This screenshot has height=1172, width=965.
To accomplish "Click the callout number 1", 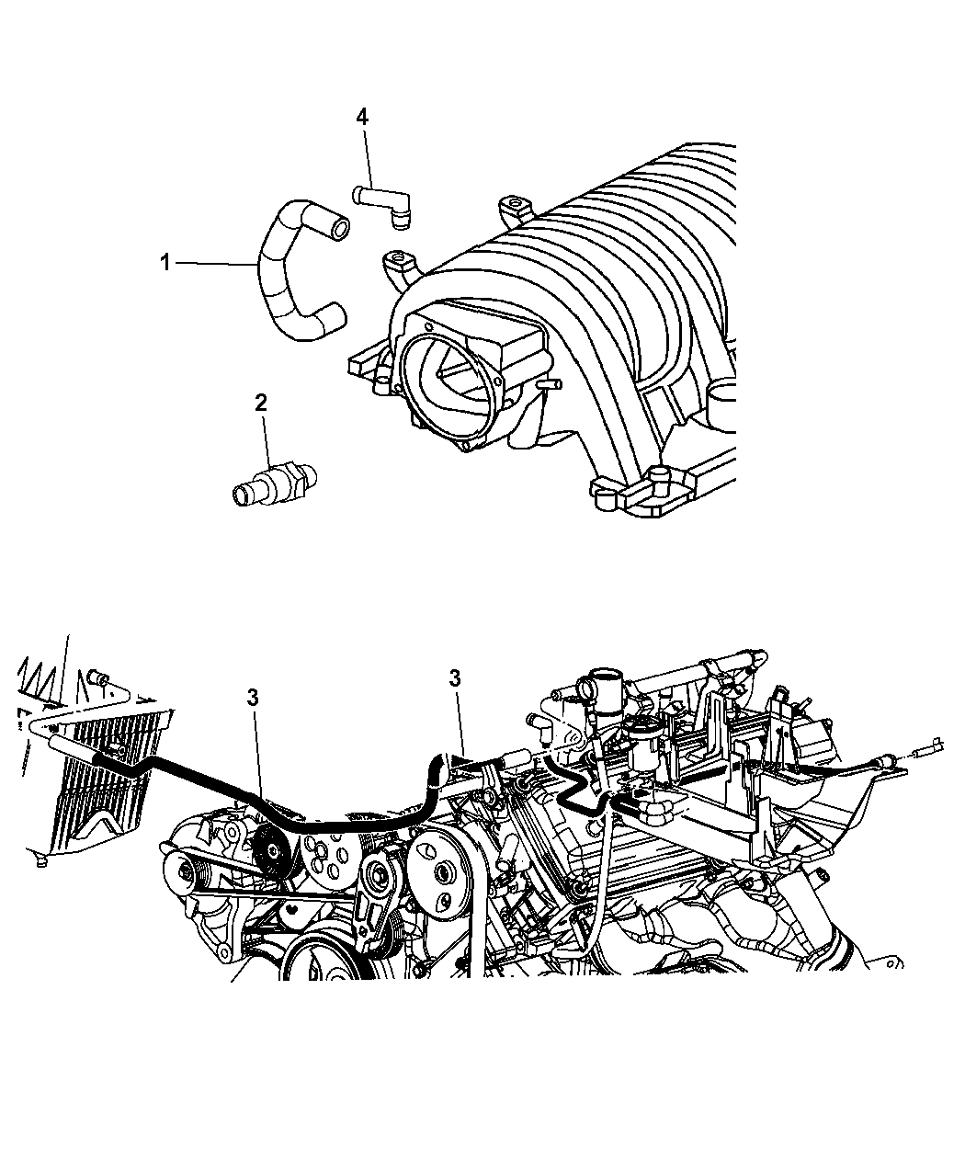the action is coord(165,262).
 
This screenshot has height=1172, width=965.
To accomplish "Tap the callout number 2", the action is coord(261,403).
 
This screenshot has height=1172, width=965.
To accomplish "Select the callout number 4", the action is coord(362,117).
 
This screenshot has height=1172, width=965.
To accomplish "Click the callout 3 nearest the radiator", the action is coord(253,698).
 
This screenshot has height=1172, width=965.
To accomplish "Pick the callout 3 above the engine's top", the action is coord(455,678).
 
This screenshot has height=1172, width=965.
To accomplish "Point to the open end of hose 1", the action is coord(340,228).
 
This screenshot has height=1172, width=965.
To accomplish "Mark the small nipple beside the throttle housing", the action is coord(551,384).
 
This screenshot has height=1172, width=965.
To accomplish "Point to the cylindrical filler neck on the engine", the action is coord(605,694).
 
